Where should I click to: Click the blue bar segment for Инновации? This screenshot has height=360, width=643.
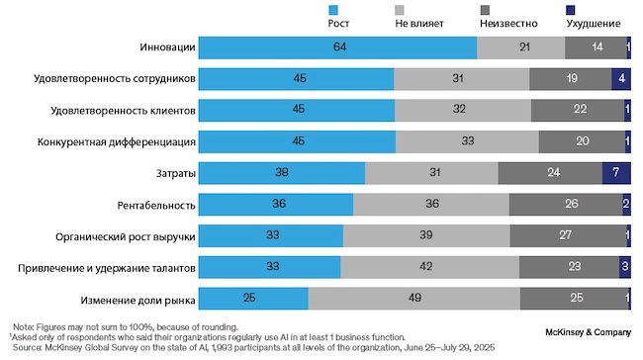click(337, 46)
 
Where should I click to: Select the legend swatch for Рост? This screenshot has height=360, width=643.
click(334, 10)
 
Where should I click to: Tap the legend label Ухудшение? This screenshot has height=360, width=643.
click(594, 24)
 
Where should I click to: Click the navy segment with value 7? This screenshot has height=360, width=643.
click(616, 173)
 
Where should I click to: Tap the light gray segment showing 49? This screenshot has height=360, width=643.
click(414, 299)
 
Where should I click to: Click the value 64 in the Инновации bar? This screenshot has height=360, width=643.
click(337, 46)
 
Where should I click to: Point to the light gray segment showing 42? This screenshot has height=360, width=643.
click(428, 267)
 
